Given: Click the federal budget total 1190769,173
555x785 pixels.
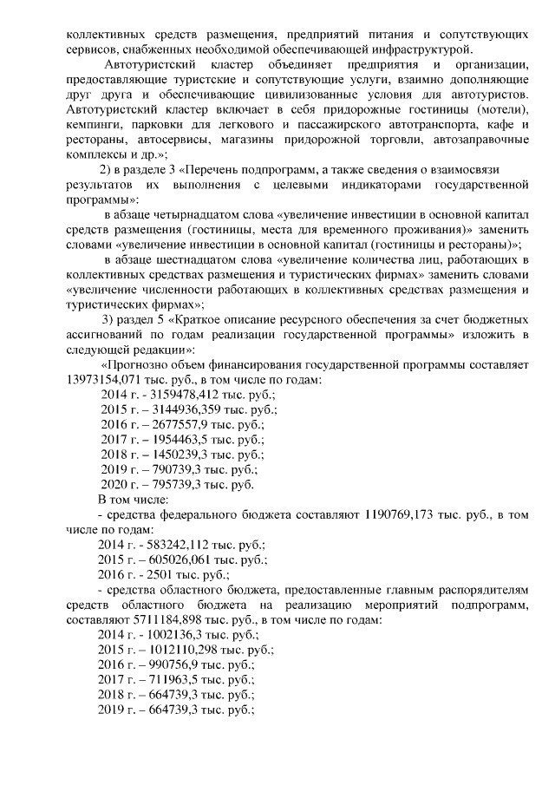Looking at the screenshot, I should tap(406, 514).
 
